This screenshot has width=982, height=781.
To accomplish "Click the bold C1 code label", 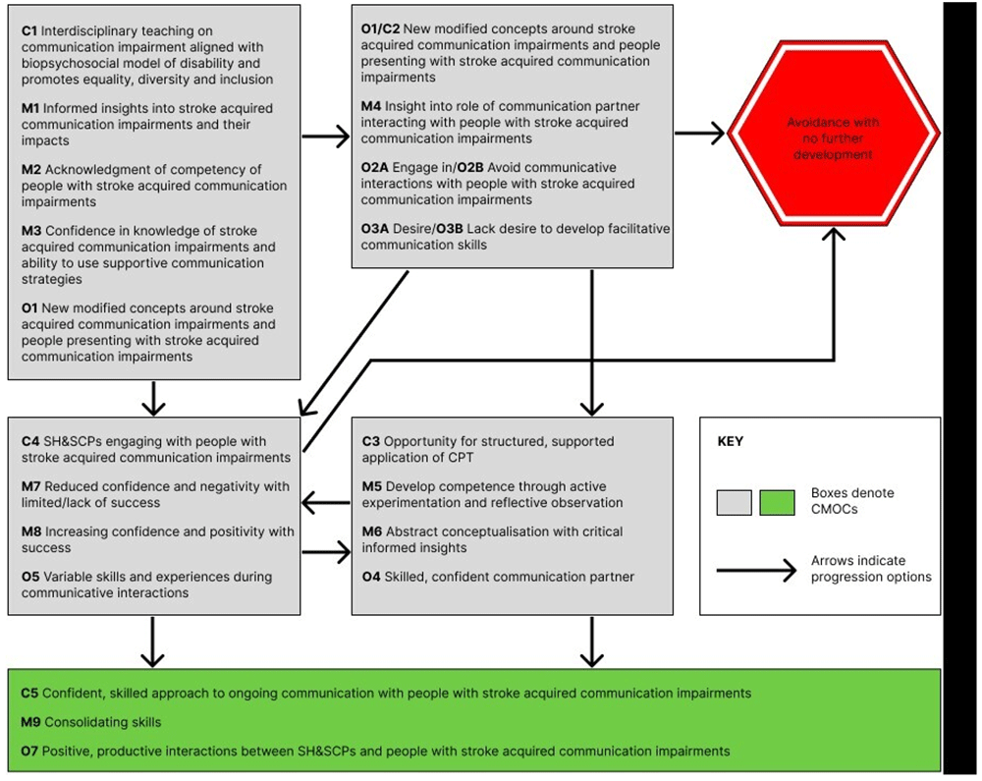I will click(x=29, y=32).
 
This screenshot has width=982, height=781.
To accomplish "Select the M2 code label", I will click(x=31, y=169).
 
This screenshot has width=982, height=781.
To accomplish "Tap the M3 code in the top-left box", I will click(x=31, y=231).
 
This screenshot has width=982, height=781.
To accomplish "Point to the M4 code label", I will click(x=371, y=107).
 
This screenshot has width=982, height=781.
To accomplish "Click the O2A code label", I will click(x=375, y=168).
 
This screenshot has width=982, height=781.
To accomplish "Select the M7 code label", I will click(x=31, y=486).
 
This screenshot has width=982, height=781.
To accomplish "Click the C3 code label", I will click(x=370, y=441).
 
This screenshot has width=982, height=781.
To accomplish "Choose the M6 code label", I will click(x=372, y=531).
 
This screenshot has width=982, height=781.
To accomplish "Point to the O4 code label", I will click(x=371, y=577).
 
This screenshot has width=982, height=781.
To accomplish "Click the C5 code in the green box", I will click(x=29, y=694).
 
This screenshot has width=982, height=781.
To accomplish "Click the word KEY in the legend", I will click(x=731, y=442).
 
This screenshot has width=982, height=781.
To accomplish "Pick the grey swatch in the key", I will click(x=734, y=502).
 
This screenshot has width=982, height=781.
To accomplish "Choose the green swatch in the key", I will click(x=779, y=502).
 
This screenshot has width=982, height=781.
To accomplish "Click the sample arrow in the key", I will click(x=755, y=570).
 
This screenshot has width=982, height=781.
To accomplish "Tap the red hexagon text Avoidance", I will click(x=832, y=122).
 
